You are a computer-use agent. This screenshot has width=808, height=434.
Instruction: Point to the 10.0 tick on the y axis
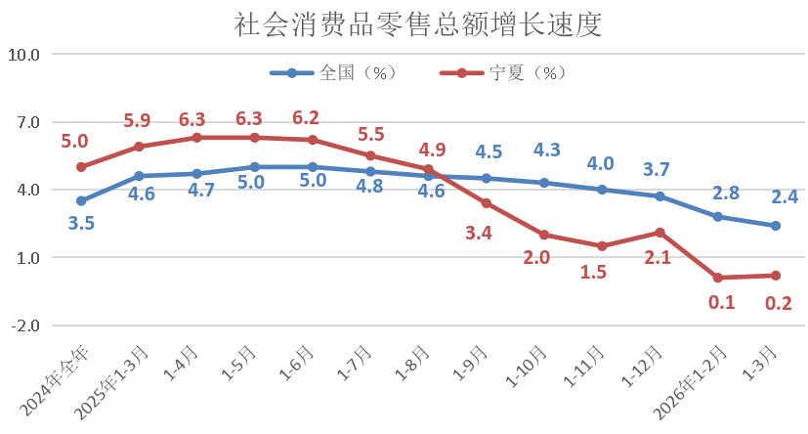(23, 55)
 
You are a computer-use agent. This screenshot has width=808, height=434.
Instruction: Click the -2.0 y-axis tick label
(23, 325)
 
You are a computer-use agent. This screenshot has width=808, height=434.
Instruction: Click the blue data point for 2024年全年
(81, 201)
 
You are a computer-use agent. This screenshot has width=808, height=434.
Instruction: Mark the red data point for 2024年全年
(81, 167)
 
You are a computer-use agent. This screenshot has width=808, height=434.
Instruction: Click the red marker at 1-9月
(487, 203)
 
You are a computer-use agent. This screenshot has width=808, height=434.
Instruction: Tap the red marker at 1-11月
(602, 246)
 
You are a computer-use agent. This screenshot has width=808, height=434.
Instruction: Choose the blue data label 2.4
(786, 197)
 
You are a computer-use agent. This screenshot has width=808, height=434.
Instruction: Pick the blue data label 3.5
(81, 224)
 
